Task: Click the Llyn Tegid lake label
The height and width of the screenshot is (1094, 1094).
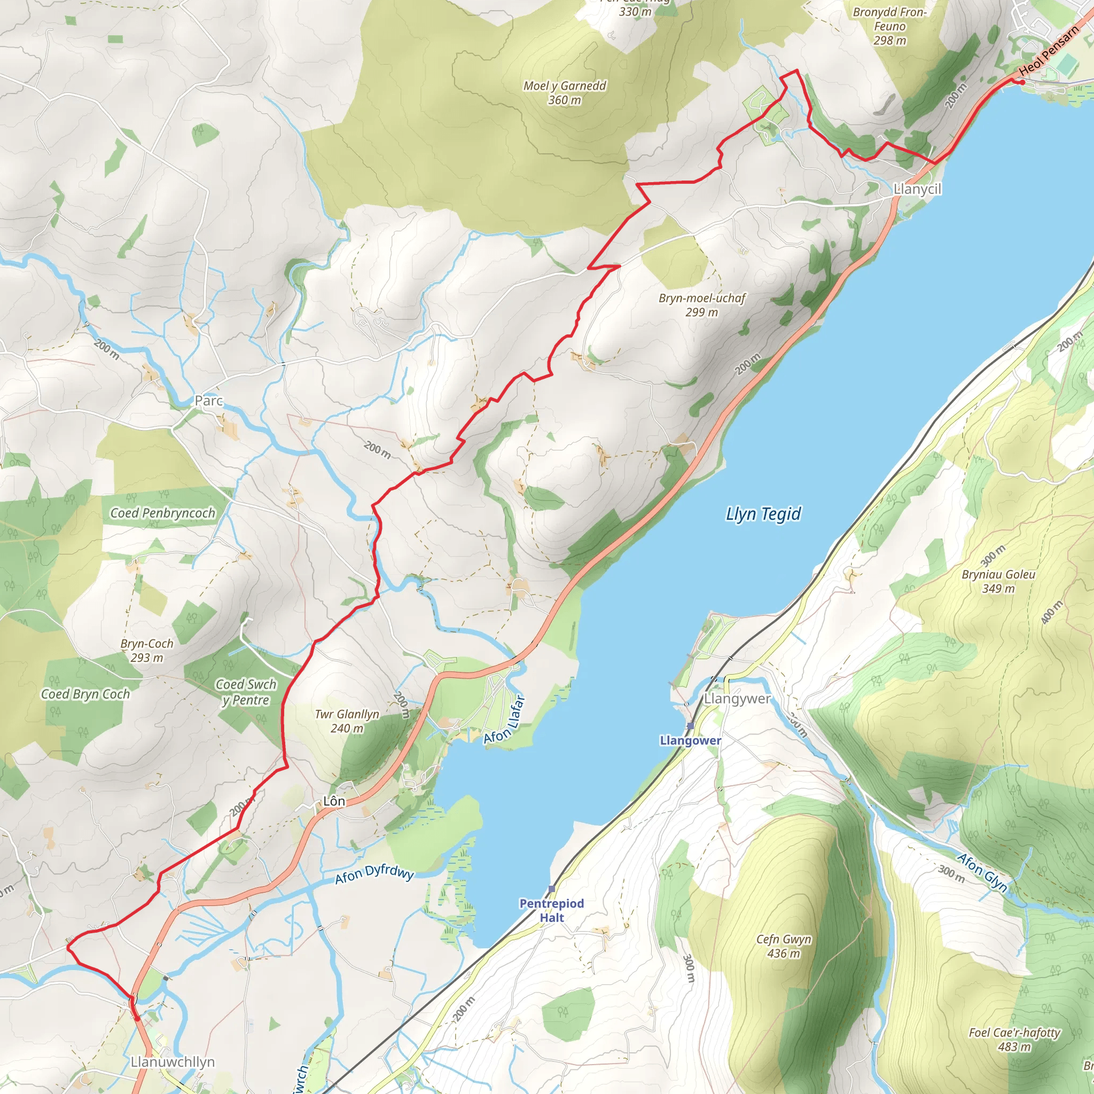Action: tap(763, 514)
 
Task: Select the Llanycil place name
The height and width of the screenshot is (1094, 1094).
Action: tap(917, 189)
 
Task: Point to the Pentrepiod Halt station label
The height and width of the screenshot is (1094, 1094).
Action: tap(551, 910)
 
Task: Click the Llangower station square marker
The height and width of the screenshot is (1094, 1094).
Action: tap(690, 726)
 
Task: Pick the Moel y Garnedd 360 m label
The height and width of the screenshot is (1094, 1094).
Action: tap(565, 93)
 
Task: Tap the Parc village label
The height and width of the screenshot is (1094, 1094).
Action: tap(209, 401)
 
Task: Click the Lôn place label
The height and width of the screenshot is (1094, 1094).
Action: tap(333, 801)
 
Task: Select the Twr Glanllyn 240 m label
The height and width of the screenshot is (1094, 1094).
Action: tap(347, 721)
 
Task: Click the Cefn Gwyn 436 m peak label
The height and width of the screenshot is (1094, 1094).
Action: tap(784, 946)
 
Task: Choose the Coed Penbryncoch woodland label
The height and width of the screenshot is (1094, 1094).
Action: tap(162, 513)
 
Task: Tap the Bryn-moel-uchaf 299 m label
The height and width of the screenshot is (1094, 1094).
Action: tap(701, 304)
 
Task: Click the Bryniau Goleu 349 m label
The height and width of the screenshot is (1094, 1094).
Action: tap(998, 581)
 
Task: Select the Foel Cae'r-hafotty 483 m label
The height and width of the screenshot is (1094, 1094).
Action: tap(1014, 1039)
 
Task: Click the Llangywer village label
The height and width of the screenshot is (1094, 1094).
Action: tap(737, 699)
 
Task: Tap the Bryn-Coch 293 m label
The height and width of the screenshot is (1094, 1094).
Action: tap(147, 650)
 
